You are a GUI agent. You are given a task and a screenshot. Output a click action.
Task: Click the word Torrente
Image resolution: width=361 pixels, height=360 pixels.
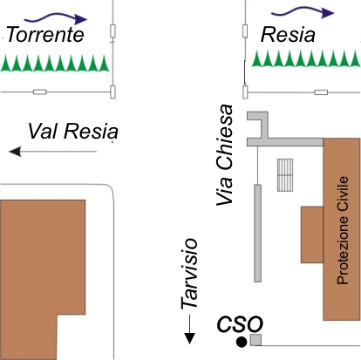pyautogui.click(x=45, y=34)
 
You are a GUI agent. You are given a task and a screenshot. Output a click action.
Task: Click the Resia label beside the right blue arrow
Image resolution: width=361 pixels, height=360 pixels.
pyautogui.click(x=288, y=35)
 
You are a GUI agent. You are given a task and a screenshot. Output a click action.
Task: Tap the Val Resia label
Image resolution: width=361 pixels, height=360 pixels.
pyautogui.click(x=73, y=132)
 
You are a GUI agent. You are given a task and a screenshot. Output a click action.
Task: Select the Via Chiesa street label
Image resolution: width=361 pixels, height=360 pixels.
pyautogui.click(x=225, y=155)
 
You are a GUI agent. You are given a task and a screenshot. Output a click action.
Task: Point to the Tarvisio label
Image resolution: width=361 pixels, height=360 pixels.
pyautogui.click(x=189, y=274)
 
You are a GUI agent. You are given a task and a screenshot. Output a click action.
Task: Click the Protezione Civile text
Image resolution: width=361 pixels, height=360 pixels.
pyautogui.click(x=343, y=230)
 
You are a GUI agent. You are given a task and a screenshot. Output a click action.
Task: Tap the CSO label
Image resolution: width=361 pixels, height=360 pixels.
pyautogui.click(x=240, y=323)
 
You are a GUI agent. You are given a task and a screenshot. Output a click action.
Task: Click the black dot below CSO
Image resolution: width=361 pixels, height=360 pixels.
pyautogui.click(x=242, y=343)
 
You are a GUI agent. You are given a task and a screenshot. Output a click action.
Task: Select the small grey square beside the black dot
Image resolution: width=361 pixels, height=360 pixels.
pyautogui.click(x=255, y=340)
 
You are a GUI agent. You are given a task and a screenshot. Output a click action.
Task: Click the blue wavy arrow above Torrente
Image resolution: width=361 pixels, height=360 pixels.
pyautogui.click(x=56, y=18)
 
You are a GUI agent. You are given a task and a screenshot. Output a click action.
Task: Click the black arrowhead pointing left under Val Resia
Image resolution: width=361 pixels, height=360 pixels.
pyautogui.click(x=15, y=152)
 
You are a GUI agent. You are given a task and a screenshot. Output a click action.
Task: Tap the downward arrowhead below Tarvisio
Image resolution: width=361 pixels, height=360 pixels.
pyautogui.click(x=189, y=339)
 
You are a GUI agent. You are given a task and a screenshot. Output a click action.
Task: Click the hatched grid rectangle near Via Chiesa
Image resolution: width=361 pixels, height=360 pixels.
pyautogui.click(x=285, y=175)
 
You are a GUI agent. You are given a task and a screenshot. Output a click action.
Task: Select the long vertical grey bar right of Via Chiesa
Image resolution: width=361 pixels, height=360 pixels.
pyautogui.click(x=257, y=233)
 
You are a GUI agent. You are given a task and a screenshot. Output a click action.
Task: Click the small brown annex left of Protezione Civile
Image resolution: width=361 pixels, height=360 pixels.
pyautogui.click(x=312, y=234)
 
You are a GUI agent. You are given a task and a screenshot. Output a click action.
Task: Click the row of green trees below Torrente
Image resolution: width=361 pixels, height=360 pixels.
pyautogui.click(x=55, y=63)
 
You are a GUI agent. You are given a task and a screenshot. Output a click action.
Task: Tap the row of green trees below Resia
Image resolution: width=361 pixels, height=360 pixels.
pyautogui.click(x=306, y=58)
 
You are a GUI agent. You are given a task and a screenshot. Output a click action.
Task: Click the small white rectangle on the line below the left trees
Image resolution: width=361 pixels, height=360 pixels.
pyautogui.click(x=40, y=92)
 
